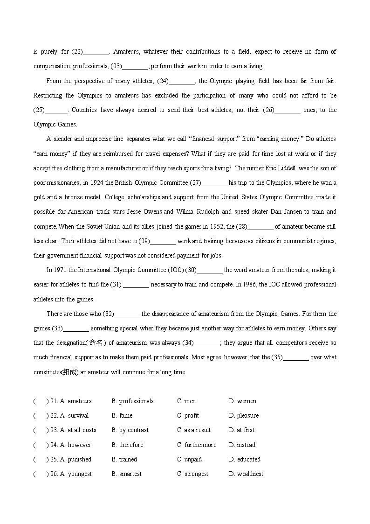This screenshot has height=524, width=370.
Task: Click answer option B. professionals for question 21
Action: point(132,401)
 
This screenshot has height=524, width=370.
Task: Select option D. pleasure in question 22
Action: point(244,415)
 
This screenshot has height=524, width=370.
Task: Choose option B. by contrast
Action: point(130,430)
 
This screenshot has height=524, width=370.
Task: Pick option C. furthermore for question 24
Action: point(197,445)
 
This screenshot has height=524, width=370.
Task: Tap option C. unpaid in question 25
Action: point(189,459)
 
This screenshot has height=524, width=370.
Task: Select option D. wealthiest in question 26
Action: point(246,474)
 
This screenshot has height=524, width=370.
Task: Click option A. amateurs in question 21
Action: point(76,401)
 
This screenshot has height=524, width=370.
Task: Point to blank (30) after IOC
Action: point(210,270)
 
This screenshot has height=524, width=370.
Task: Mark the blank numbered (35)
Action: point(295,357)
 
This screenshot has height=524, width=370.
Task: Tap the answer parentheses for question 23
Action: point(41,430)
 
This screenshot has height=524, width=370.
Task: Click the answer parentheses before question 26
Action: point(41,474)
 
